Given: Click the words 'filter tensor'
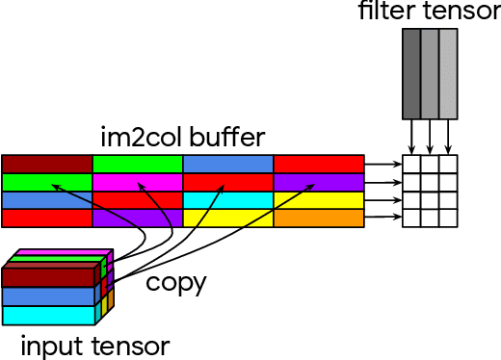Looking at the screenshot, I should [x=430, y=12].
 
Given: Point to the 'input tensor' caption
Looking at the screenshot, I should [x=94, y=345].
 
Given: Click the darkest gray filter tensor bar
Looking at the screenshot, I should [x=411, y=72].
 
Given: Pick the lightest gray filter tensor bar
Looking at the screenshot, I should [x=448, y=72].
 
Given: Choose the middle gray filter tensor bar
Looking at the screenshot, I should [x=430, y=72].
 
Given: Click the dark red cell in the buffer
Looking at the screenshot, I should [x=46, y=164].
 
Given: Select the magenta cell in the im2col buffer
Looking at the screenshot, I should [x=138, y=182].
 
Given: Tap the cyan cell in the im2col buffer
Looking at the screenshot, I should [x=228, y=200].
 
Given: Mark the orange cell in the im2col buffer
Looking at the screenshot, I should [x=319, y=219].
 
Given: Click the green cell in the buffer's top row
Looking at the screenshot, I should [x=138, y=164].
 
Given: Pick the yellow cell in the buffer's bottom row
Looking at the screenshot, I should [x=228, y=219].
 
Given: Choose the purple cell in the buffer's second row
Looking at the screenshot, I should [x=319, y=182].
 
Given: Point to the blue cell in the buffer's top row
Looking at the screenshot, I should [x=228, y=164].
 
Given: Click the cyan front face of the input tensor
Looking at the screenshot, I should [x=48, y=315].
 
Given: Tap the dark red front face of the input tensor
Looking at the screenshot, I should [x=48, y=278].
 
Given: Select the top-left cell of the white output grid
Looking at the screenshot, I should [x=411, y=164].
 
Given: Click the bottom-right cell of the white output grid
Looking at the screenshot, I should [x=448, y=219].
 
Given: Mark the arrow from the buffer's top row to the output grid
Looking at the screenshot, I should [x=382, y=164].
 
